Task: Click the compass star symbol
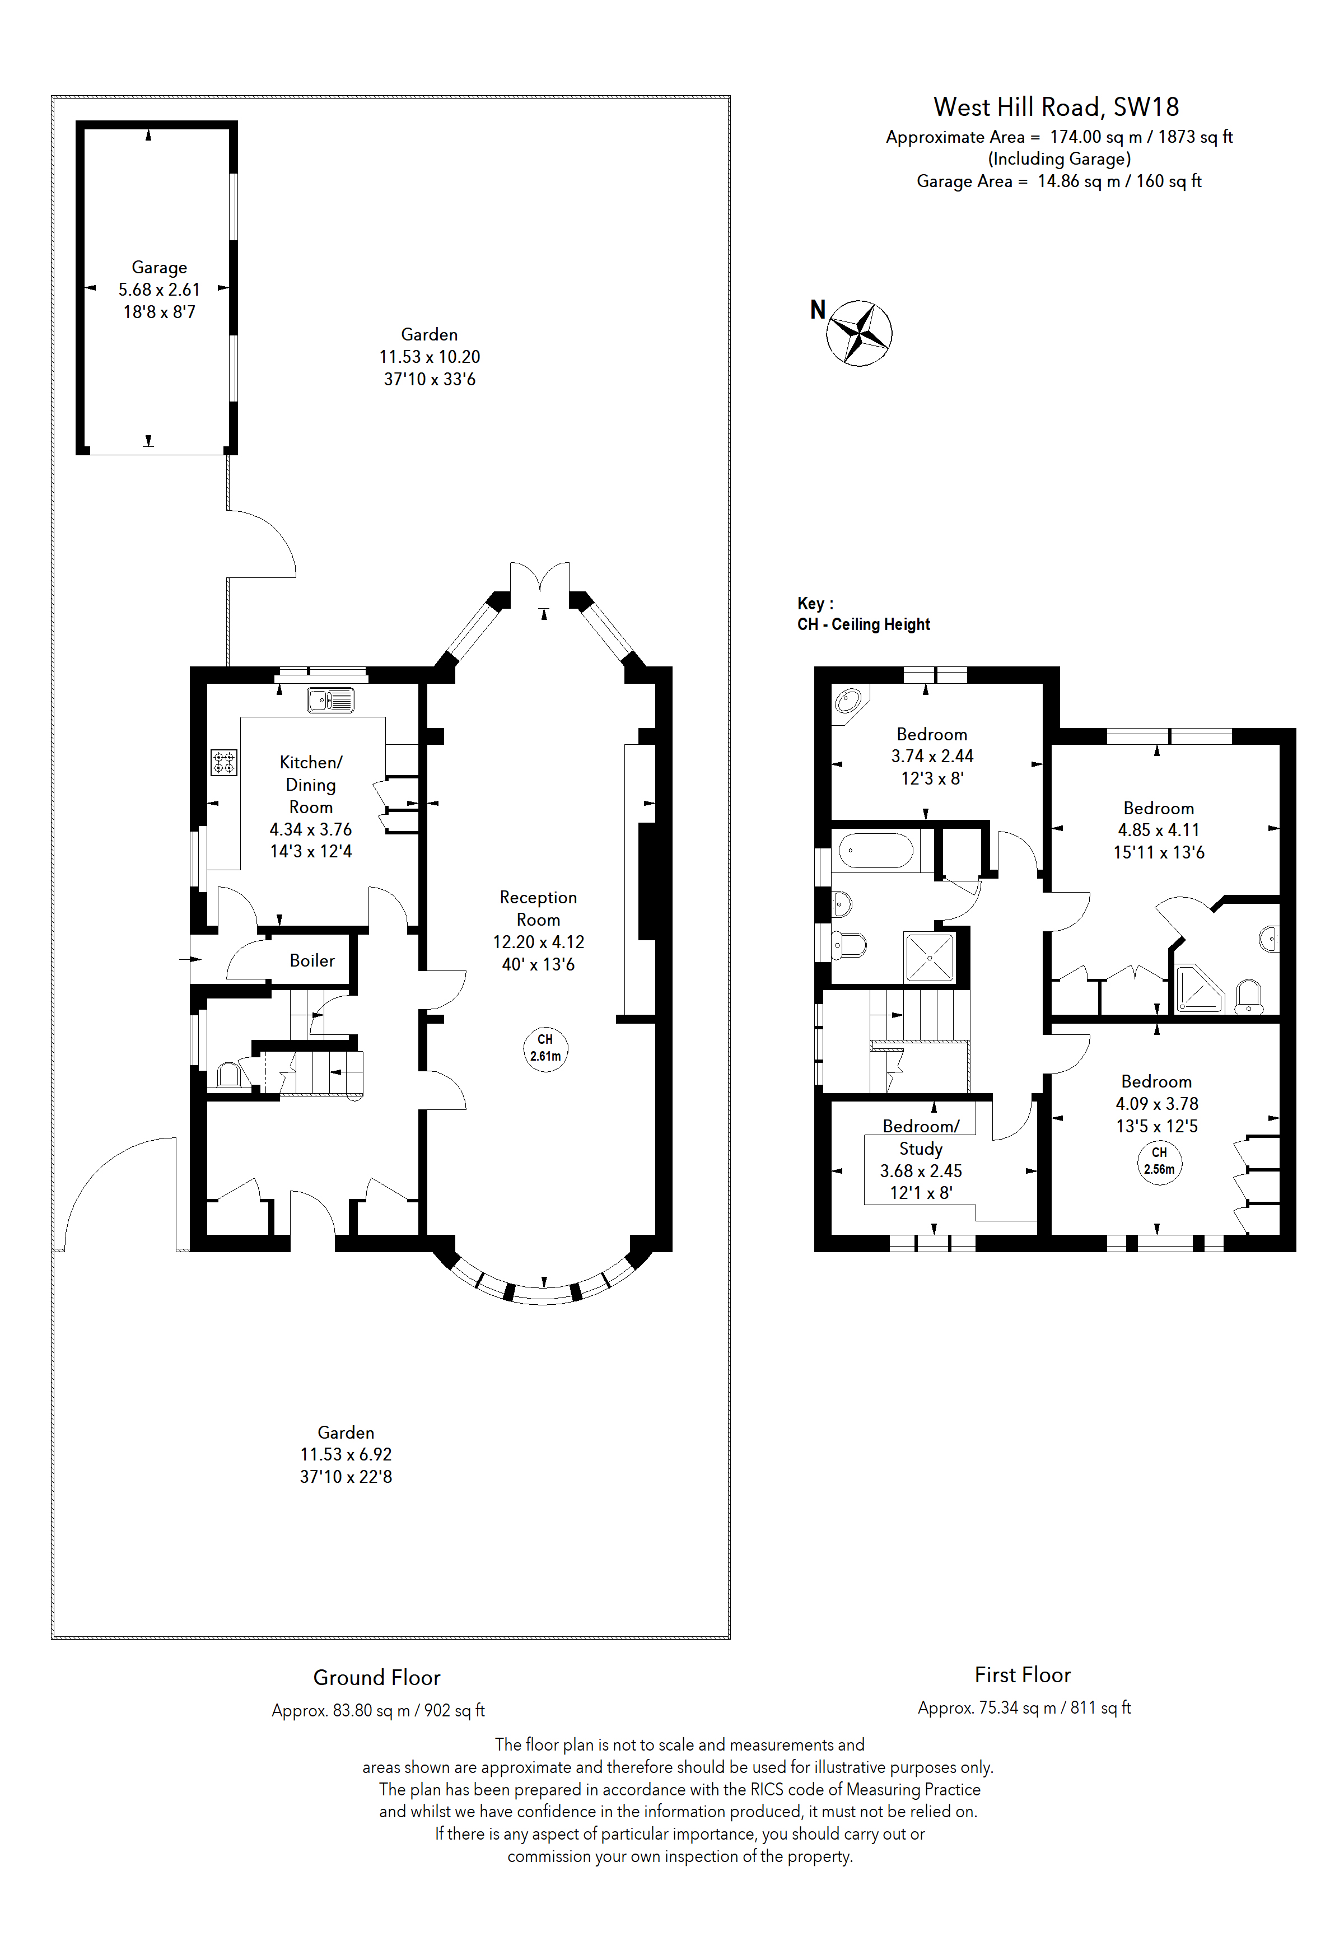coord(858,333)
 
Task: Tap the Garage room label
coord(160,267)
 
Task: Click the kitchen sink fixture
coord(330,700)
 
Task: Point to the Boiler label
coord(312,960)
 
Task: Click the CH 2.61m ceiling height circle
coord(545,1048)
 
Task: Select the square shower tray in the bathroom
coord(929,957)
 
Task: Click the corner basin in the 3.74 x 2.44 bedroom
coord(848,701)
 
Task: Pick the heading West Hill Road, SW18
coord(1056,107)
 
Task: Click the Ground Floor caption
coord(377,1677)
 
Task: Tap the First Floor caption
coord(1022,1674)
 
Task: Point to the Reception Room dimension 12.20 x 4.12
coord(538,942)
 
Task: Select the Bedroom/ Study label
coord(921,1137)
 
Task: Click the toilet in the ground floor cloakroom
coord(230,1075)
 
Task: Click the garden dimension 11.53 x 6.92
coord(346,1454)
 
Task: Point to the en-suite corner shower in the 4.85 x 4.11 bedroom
coord(1197,988)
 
